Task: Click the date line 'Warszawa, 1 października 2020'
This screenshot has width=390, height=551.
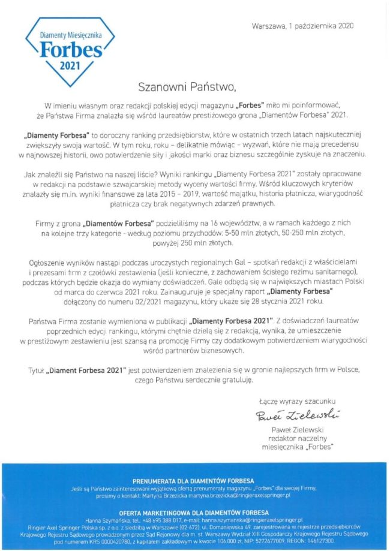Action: [303, 26]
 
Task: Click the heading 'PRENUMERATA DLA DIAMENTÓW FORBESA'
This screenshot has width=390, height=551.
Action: [194, 481]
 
